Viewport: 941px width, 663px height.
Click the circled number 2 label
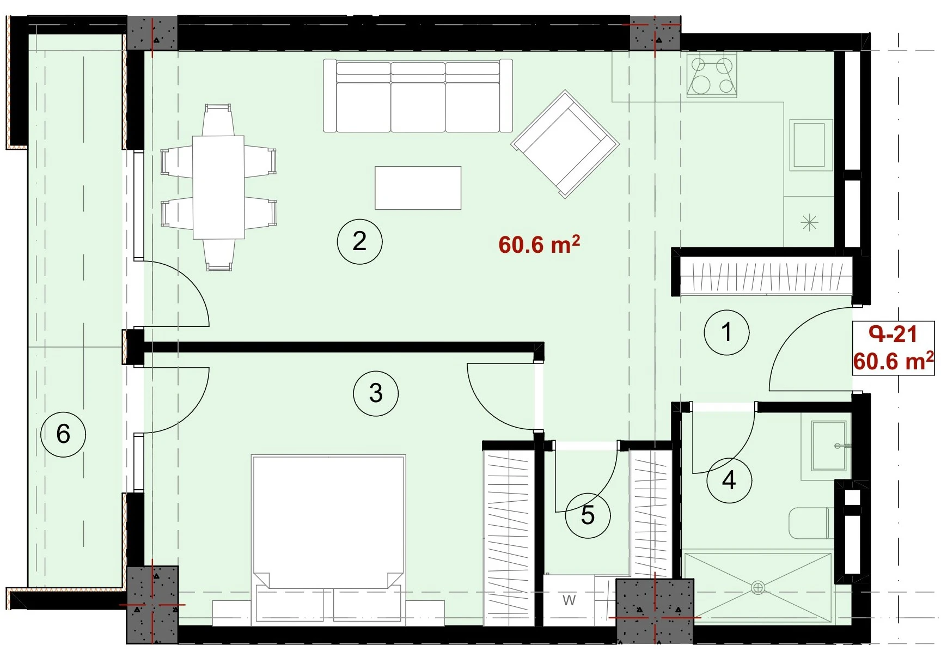(x=359, y=241)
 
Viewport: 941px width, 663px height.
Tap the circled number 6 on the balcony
(x=63, y=434)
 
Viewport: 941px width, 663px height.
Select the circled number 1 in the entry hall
(x=726, y=332)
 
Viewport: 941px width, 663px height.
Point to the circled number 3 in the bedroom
(x=376, y=393)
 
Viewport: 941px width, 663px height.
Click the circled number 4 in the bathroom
(x=729, y=480)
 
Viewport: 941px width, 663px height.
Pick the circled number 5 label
(x=588, y=515)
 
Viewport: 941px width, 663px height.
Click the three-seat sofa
(x=418, y=96)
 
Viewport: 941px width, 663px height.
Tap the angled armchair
(x=565, y=144)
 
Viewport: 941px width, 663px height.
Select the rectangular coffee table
(x=418, y=188)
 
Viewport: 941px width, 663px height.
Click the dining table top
(x=218, y=187)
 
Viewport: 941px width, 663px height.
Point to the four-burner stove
(x=712, y=76)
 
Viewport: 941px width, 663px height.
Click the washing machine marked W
(x=569, y=600)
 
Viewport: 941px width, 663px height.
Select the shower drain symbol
(x=757, y=588)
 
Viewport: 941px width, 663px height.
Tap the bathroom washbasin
(x=829, y=446)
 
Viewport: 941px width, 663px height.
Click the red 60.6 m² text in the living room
(x=539, y=245)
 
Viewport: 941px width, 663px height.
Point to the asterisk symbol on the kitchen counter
(x=810, y=222)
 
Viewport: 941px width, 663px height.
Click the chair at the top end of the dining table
(x=218, y=119)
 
